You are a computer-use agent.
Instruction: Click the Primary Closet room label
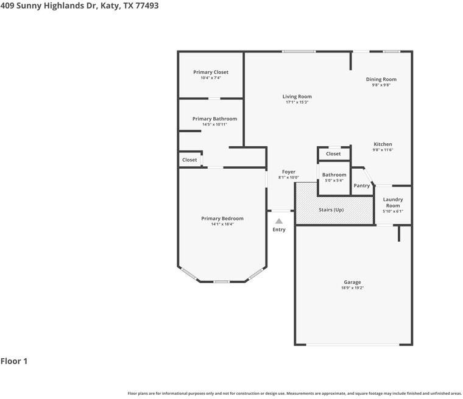click(211, 72)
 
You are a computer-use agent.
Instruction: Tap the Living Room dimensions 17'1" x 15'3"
click(297, 102)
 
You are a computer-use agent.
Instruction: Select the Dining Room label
click(381, 79)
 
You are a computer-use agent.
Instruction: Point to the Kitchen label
click(383, 144)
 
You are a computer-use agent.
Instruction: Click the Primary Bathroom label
click(214, 119)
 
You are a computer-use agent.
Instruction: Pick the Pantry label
click(361, 186)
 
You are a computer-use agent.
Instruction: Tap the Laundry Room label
click(392, 202)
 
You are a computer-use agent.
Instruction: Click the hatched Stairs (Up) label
click(331, 210)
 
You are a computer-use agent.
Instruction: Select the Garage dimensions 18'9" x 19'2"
click(352, 288)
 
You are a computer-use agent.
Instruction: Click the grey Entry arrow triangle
click(278, 222)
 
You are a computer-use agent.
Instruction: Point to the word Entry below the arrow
click(278, 230)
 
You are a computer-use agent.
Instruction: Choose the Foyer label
click(289, 172)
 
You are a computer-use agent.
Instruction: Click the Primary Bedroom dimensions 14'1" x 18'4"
click(222, 224)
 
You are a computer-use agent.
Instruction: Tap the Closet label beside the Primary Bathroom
click(189, 160)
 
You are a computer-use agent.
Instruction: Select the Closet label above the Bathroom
click(333, 154)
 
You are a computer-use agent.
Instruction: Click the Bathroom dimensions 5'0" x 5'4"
click(334, 180)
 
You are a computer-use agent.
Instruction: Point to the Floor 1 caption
click(14, 361)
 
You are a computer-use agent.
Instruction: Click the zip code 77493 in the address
click(146, 5)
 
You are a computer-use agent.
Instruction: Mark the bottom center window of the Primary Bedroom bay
click(221, 281)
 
